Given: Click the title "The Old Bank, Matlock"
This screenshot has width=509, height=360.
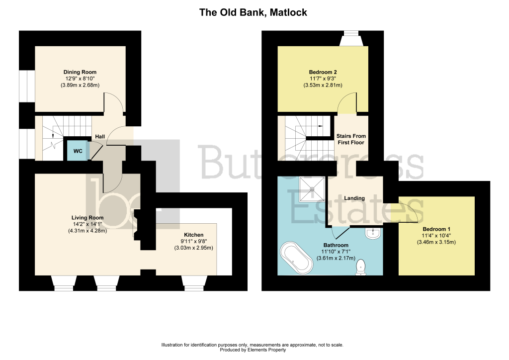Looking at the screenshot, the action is pos(253,12).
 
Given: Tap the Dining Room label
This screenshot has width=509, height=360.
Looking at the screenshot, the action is pos(80,72).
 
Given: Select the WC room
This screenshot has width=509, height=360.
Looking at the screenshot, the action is pos(78,151).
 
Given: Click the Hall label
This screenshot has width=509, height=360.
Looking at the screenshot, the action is pos(100,137).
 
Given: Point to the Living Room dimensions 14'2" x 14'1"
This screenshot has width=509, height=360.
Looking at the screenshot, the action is pos(87,224).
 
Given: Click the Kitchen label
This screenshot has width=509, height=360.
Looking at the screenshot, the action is pos(193,235).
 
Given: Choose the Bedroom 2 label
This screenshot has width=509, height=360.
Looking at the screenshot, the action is pos(323,72).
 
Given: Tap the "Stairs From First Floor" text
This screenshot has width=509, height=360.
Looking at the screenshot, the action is pos(351,139).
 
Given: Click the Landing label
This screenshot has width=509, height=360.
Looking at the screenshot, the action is pos(354,198).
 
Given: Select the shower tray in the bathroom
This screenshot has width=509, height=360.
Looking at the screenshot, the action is pos(312,189).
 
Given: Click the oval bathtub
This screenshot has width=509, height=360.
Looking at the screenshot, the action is pos(296,257).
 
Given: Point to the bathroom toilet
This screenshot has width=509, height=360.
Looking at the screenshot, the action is pos(360,267).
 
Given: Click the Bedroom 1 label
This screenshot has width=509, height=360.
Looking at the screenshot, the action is pos(436,229).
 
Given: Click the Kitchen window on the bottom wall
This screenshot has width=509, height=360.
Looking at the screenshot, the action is pos(194,283).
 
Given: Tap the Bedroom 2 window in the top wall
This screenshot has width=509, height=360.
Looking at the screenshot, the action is pos(351,38).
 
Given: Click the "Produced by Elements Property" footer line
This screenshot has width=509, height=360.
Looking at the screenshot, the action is pos(253,350).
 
